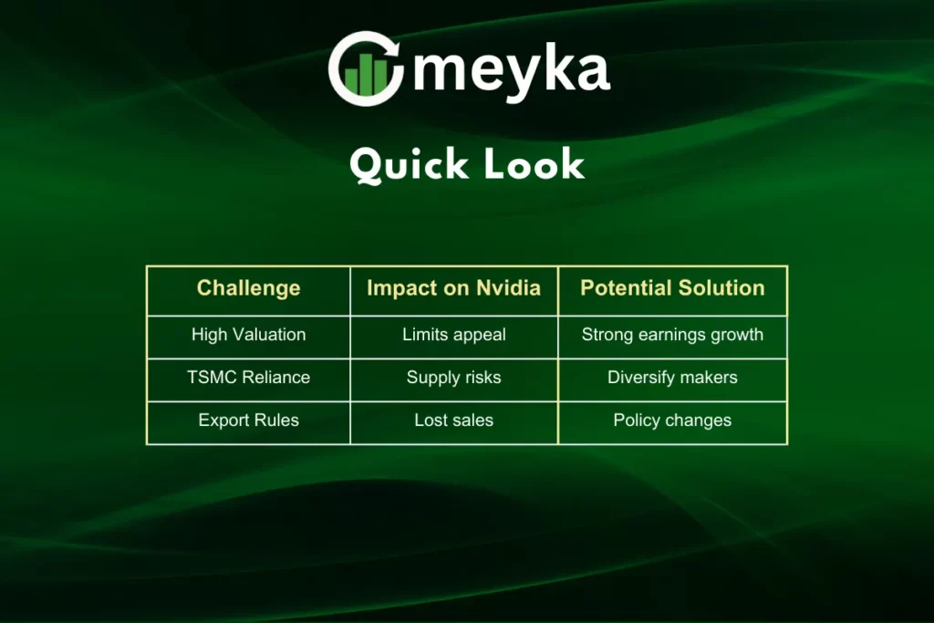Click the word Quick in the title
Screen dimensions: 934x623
pyautogui.click(x=409, y=165)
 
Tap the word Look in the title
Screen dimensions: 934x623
pyautogui.click(x=534, y=164)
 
